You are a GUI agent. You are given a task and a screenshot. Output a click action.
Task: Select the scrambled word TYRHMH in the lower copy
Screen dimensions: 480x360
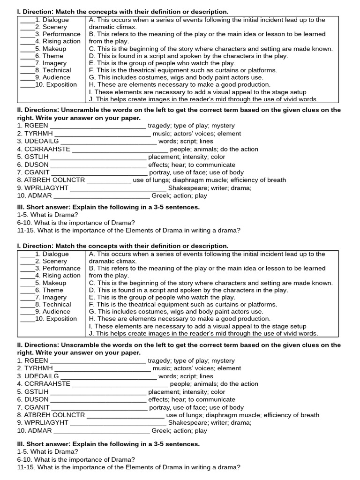38,368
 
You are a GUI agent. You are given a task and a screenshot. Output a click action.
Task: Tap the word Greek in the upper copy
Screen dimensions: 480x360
161,195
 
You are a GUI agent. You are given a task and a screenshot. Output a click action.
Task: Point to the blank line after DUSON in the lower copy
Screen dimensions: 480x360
98,401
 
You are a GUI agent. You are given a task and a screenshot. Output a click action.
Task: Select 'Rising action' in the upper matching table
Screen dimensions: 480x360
61,41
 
